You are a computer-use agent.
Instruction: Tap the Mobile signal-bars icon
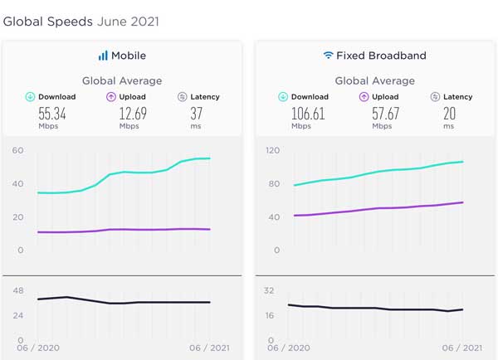tap(103, 56)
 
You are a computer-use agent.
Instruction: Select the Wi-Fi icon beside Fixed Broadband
tap(329, 56)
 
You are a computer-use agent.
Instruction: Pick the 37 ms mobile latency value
tap(198, 114)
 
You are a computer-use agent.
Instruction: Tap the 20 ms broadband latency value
tap(449, 114)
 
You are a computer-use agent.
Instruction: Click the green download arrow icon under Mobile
tap(31, 97)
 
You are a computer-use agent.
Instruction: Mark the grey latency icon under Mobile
tap(183, 97)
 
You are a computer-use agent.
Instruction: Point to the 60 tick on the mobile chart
tap(17, 151)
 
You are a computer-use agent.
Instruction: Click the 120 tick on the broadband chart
tap(268, 151)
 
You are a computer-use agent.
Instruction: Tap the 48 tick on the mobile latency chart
tap(17, 290)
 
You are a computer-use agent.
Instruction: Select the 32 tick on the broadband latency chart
tap(269, 290)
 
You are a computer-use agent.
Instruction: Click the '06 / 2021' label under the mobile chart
tap(210, 348)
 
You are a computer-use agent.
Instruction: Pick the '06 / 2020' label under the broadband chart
tap(287, 348)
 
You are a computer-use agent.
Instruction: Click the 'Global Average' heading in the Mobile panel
tap(122, 80)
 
